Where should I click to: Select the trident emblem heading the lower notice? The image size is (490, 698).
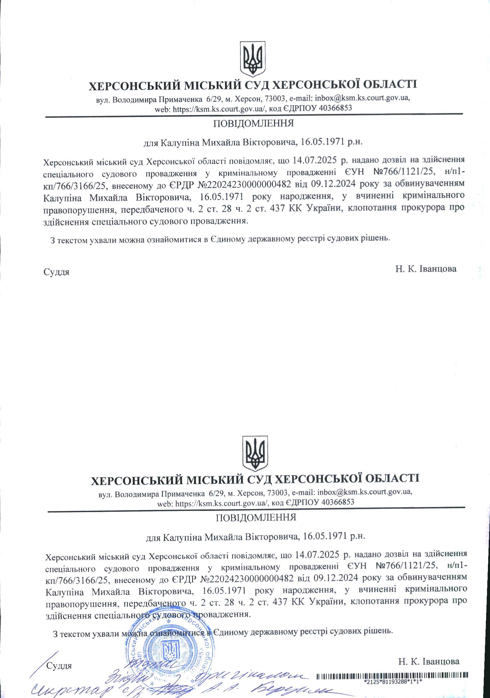pyautogui.click(x=255, y=454)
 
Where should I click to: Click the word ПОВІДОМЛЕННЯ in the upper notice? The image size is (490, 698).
pyautogui.click(x=253, y=124)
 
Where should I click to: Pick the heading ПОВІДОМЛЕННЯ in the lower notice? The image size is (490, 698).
pyautogui.click(x=256, y=518)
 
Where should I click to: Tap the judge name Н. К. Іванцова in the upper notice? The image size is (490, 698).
pyautogui.click(x=426, y=269)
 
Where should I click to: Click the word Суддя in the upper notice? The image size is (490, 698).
pyautogui.click(x=57, y=272)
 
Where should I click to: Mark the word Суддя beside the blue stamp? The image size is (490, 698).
pyautogui.click(x=59, y=664)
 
